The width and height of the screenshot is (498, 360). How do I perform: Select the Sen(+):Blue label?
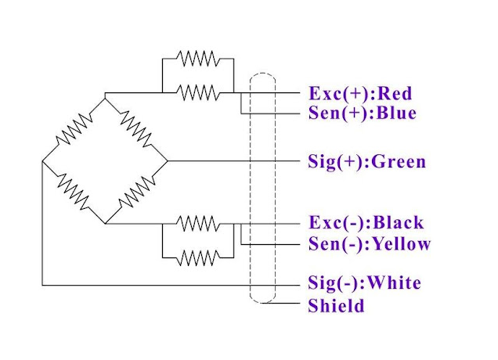point(363,113)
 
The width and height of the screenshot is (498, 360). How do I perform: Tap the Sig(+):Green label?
point(367,162)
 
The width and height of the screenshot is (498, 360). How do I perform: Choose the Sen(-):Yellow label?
point(370,243)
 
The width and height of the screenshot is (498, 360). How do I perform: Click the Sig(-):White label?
point(365,283)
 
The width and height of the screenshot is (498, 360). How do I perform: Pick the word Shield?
point(337,306)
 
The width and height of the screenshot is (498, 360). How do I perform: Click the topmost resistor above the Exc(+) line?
point(197,59)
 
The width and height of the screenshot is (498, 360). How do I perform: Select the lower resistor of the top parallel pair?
point(197,92)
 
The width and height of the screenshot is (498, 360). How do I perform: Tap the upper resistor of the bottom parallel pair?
point(197,223)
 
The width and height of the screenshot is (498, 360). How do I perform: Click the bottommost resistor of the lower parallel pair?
point(197,256)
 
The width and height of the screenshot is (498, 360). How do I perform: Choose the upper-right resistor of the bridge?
point(136,130)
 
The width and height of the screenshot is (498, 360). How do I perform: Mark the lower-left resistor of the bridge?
point(74,193)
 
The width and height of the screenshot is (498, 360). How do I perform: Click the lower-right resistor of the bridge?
point(136,193)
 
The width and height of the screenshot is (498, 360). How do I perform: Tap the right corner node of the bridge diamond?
point(168,161)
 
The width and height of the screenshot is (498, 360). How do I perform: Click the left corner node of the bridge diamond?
point(42,162)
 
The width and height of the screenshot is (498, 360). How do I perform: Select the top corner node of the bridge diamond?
point(105,99)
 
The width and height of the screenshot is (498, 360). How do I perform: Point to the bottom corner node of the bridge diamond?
point(105,224)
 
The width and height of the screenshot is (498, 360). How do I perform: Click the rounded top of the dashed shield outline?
point(263,76)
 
